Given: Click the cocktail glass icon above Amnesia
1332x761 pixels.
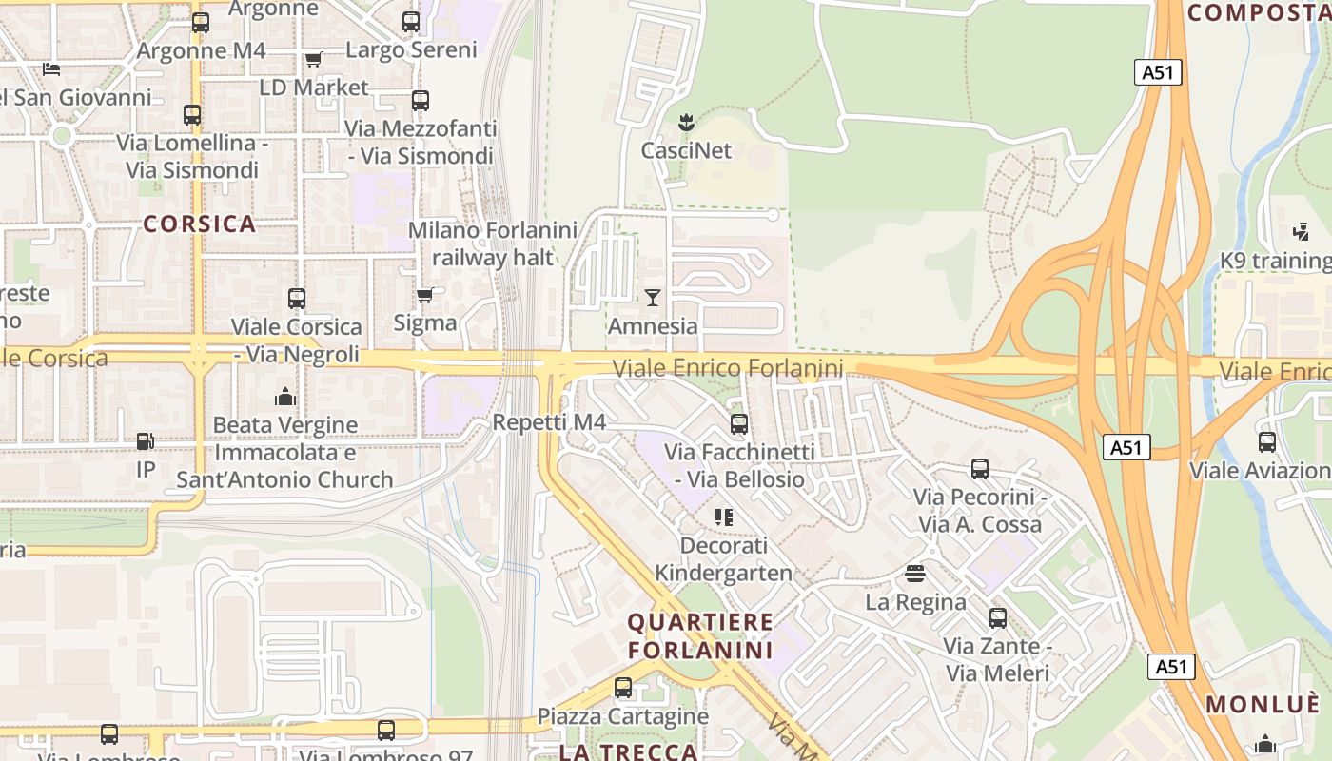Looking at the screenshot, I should click(x=652, y=298).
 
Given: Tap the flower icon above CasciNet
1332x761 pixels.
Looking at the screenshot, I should click(x=685, y=122).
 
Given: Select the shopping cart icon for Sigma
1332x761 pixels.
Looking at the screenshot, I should click(x=425, y=295).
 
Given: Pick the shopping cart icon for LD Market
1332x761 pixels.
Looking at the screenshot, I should click(x=314, y=59).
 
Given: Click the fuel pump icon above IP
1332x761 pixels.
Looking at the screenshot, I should click(x=145, y=441).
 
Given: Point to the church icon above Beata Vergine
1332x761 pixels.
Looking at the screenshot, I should click(x=284, y=397).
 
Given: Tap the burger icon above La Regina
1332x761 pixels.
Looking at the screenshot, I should click(x=915, y=573).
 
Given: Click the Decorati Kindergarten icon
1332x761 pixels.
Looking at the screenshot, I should click(x=724, y=517).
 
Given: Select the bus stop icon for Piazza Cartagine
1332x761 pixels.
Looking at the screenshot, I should click(x=623, y=687).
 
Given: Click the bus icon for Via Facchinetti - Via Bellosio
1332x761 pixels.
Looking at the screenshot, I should click(x=739, y=423).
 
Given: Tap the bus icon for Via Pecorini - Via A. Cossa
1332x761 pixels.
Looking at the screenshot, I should click(x=980, y=468).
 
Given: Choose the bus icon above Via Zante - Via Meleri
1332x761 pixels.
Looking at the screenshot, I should click(x=997, y=618).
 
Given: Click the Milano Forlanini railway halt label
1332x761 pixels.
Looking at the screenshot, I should click(x=492, y=244).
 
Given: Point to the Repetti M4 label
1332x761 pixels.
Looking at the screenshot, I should click(x=549, y=421).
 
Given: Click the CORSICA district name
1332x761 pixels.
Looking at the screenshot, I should click(x=200, y=224).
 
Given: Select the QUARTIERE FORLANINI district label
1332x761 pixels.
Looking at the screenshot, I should click(x=700, y=636).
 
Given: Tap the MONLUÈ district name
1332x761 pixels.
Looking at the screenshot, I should click(x=1263, y=704).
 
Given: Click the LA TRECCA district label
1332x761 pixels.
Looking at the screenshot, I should click(x=628, y=751).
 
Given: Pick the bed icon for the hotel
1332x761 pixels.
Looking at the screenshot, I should click(x=51, y=68).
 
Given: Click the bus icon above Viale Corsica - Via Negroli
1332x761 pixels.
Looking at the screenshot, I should click(x=297, y=298).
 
